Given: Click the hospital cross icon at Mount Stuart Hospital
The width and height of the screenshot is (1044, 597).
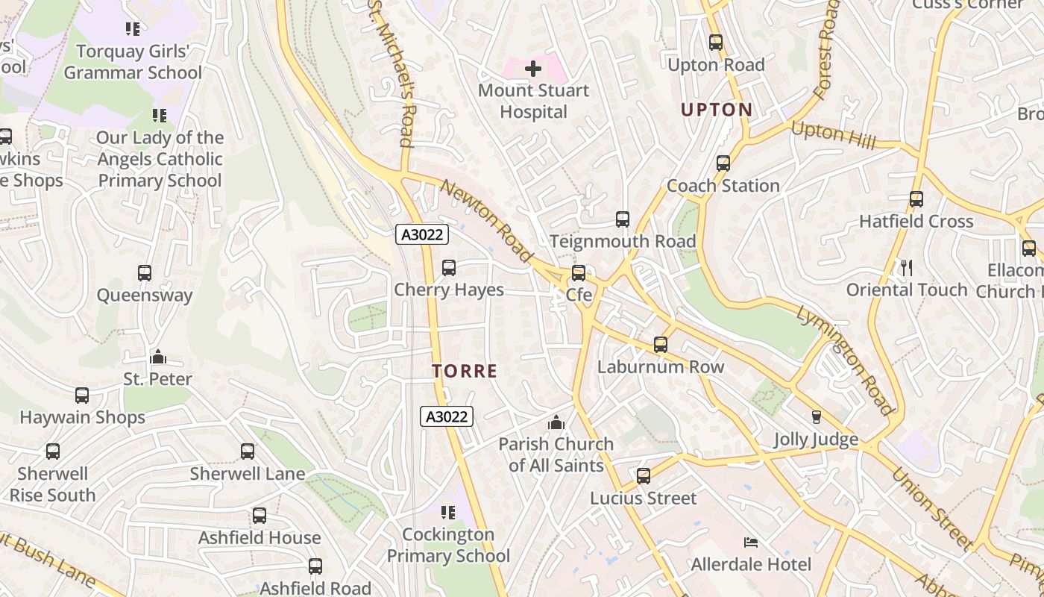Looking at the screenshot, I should coord(533,69).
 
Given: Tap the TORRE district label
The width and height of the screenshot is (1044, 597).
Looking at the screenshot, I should coord(465,371).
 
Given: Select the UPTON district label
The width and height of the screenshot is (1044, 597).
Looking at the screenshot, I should coord(717,110).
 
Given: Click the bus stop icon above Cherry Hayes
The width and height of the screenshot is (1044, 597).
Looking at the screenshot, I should coord(449,267).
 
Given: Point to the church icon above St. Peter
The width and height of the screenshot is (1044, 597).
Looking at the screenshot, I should coord(158,357).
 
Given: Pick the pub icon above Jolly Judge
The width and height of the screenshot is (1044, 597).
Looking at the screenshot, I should coord(816,416).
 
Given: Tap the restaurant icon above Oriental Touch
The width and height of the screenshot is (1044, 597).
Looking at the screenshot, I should coord(907,267).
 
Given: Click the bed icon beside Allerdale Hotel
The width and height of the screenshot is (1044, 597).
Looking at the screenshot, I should coord(751,542).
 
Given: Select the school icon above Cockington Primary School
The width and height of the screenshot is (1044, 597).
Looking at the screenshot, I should coord(448,512).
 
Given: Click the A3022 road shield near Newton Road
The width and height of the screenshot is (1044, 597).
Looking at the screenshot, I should coord(422,234).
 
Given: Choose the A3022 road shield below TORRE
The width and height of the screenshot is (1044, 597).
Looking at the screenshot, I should coord(447,416).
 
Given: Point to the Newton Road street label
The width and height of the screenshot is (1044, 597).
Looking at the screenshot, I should coord(486,222).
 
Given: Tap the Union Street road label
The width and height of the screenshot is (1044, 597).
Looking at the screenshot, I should coord(931,507).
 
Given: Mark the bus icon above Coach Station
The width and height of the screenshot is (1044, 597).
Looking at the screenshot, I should coord(723,163).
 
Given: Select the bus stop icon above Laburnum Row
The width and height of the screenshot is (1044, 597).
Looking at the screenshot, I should coord(661,345).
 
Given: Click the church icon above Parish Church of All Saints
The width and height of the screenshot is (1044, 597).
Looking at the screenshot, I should coord(556,423).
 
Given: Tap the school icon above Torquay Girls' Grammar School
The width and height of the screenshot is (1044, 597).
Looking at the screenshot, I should coord(133,29).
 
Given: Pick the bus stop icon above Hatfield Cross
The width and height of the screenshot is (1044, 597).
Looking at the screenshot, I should coord(916,199).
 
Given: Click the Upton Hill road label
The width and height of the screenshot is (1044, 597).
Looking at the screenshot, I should coord(833,134).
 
